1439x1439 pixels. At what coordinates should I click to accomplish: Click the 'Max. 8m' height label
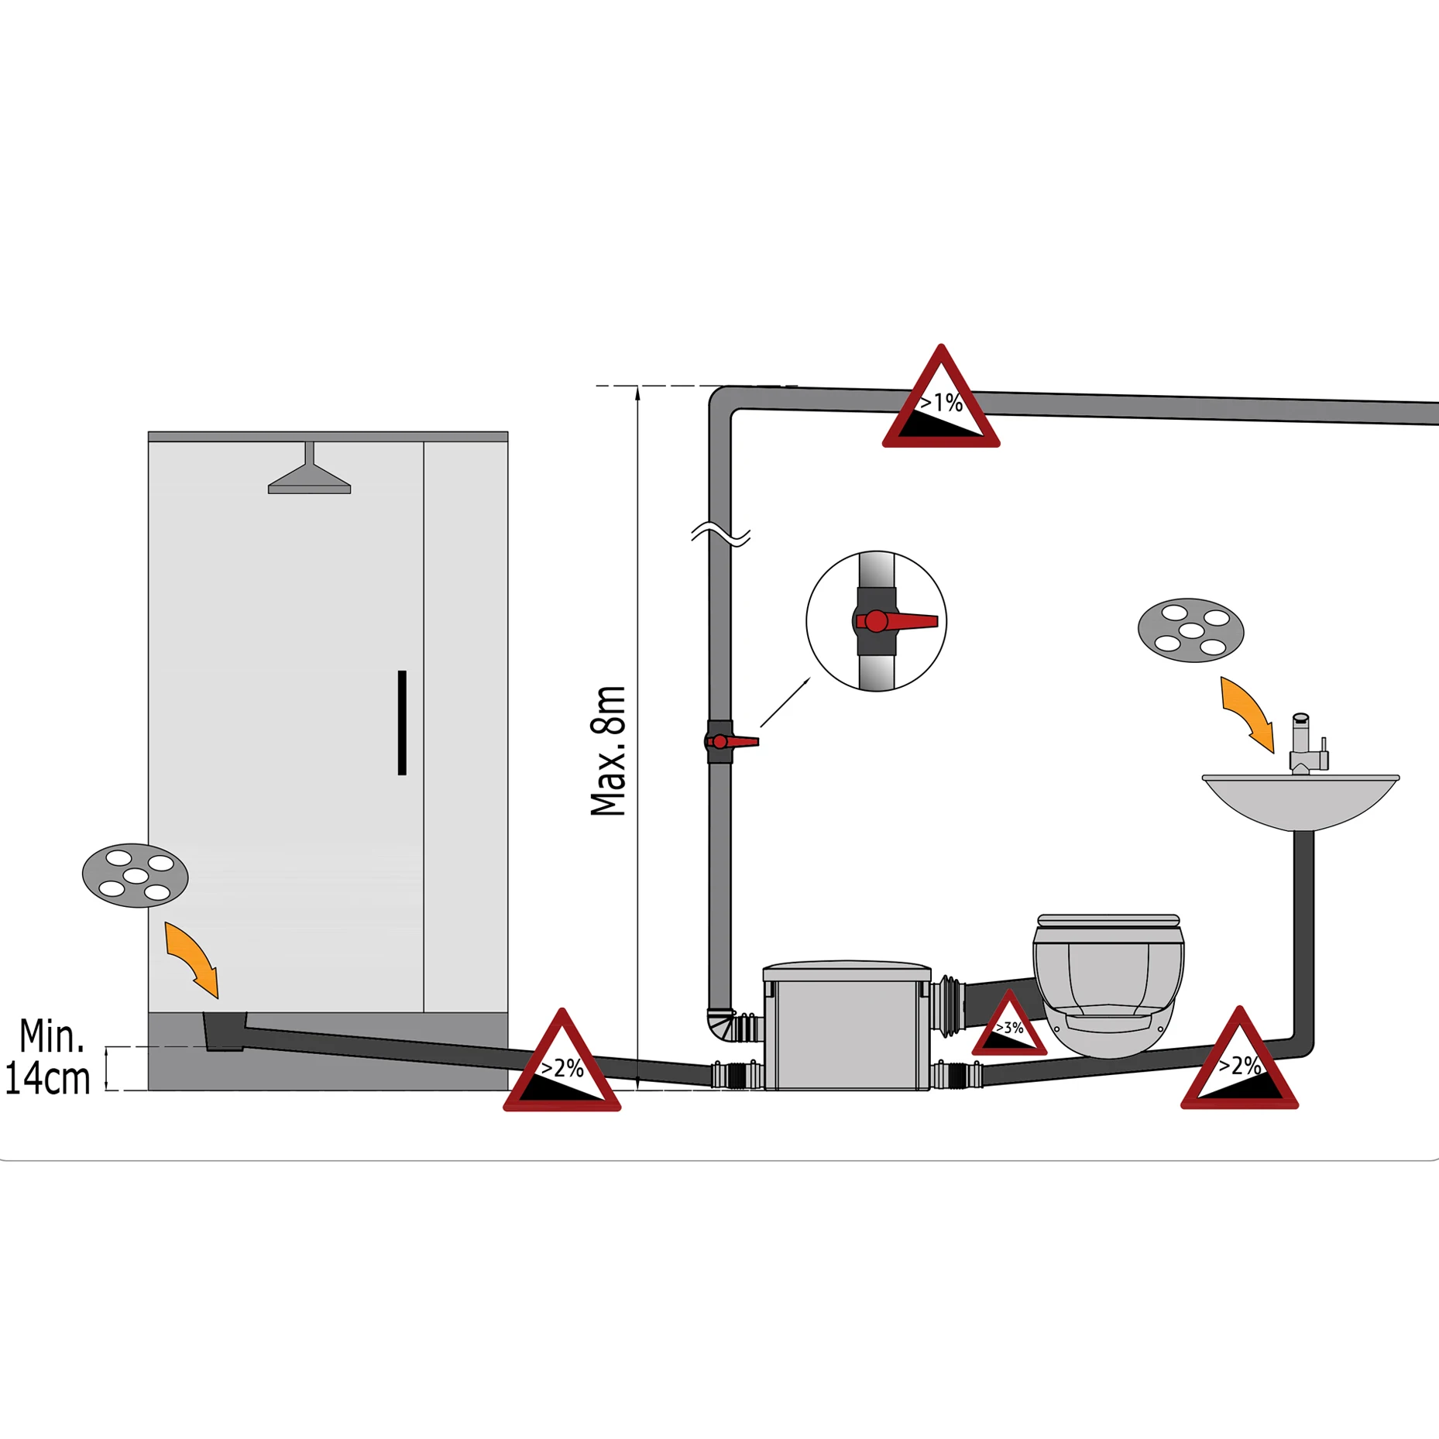609,750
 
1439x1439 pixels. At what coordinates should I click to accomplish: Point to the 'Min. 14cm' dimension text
48,1057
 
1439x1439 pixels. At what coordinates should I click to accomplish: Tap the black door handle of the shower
402,722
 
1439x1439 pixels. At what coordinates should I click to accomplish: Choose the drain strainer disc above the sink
1190,630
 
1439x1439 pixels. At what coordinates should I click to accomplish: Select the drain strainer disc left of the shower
135,875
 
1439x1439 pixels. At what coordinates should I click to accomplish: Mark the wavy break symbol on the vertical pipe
720,534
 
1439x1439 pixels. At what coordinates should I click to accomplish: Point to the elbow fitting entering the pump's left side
723,1027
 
